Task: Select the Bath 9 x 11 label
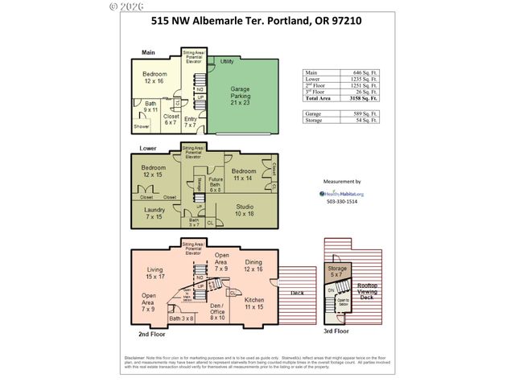tap(150, 106)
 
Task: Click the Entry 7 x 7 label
tap(190, 122)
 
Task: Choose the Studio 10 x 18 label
tap(245, 211)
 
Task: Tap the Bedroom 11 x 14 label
tap(243, 175)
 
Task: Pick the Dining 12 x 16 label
tap(253, 265)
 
